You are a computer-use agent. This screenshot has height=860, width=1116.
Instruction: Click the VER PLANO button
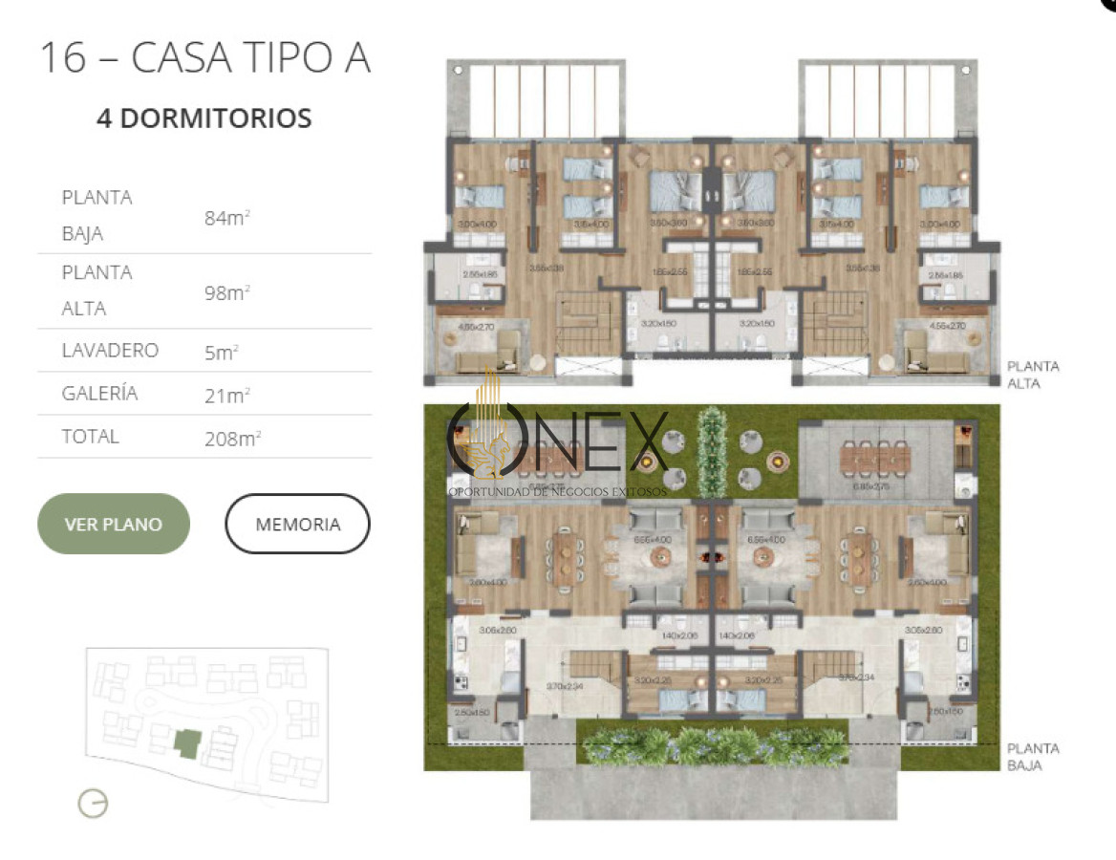(113, 524)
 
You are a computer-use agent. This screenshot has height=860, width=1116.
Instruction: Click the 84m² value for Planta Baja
(226, 218)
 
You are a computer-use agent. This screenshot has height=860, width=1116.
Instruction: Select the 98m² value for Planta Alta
(226, 292)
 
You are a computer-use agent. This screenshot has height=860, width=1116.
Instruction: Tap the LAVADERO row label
(110, 351)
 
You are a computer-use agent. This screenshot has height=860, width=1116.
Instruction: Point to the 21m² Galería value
(226, 394)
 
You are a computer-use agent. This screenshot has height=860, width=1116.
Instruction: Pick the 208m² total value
(232, 438)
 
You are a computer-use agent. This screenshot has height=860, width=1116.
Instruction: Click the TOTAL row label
(91, 437)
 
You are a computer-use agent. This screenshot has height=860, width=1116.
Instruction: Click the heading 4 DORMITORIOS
(204, 118)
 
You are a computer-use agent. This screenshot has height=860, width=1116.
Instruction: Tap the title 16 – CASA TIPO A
(204, 57)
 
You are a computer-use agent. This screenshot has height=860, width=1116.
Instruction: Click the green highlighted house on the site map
(187, 742)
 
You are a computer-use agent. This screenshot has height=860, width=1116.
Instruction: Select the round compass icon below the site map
(93, 804)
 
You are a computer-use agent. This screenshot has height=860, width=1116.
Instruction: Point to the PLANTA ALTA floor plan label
(1033, 375)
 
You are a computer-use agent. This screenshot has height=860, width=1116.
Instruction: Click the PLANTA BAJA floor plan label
(1033, 757)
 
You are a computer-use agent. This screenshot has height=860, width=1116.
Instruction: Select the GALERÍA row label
(99, 393)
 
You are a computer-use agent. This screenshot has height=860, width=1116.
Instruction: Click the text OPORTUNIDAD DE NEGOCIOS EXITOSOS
(558, 491)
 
